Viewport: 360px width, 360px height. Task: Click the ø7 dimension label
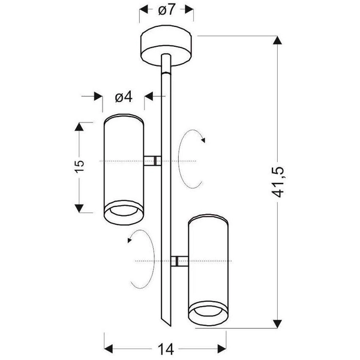tap(167, 10)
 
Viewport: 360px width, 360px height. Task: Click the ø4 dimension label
tap(124, 97)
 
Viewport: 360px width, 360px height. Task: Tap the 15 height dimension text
tap(79, 166)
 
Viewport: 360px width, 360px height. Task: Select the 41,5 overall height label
tap(278, 182)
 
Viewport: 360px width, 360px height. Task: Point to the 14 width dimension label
tap(166, 349)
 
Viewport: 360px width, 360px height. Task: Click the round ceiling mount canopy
tap(167, 46)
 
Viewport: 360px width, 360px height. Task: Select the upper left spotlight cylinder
tap(124, 169)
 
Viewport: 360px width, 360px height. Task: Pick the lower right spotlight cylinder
tap(208, 270)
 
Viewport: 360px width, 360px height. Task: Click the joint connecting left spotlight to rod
tap(152, 161)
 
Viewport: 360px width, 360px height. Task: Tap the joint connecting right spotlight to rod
tap(179, 261)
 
